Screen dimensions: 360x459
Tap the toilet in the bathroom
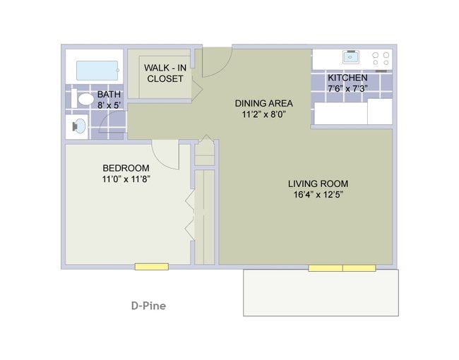(x=83, y=100)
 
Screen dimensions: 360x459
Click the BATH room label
(x=109, y=95)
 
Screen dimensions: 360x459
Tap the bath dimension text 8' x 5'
(x=109, y=105)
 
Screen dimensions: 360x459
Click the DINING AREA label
(x=263, y=103)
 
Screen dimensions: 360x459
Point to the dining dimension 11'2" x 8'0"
(x=263, y=114)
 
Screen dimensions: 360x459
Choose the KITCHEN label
(x=347, y=78)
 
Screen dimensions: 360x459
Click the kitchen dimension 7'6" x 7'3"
(x=347, y=88)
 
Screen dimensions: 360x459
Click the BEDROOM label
(x=126, y=168)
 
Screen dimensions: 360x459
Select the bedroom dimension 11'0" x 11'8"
(x=126, y=179)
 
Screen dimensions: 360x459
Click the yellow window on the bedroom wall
(x=152, y=267)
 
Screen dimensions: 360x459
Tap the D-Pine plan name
(x=148, y=306)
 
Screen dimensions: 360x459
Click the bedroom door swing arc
(x=165, y=152)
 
